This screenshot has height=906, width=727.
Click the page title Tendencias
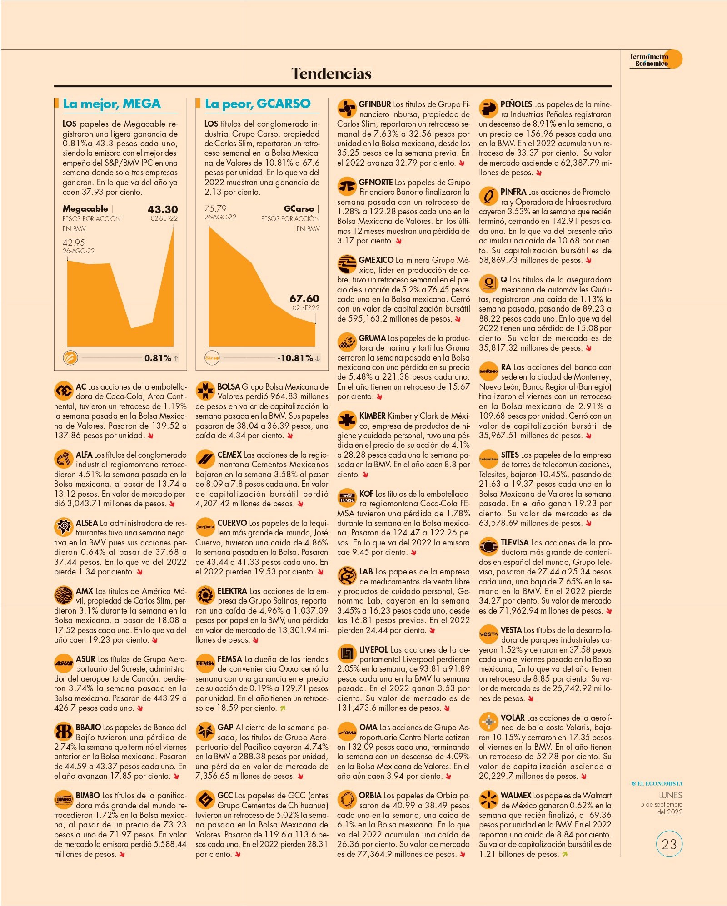(331, 74)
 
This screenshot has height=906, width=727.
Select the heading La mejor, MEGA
(112, 104)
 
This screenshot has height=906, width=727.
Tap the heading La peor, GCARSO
(258, 104)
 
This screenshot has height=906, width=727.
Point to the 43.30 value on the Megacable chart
(163, 209)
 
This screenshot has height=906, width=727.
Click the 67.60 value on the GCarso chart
(304, 298)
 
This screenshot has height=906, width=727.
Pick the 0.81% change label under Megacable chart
(158, 358)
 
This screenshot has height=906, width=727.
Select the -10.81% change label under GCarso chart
(295, 358)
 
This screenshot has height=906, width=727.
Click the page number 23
(669, 844)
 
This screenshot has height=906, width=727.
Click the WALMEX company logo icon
(488, 800)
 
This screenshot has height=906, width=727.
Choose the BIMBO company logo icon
(64, 799)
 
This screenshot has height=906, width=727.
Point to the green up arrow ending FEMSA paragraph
(283, 708)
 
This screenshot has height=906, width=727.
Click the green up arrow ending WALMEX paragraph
(565, 854)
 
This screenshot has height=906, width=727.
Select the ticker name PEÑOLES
(516, 104)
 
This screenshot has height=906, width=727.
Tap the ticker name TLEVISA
(515, 543)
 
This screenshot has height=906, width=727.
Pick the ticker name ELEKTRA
(232, 591)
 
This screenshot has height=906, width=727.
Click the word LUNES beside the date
(671, 795)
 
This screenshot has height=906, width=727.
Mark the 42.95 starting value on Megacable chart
(74, 243)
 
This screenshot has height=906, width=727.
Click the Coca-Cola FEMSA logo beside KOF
(347, 498)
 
